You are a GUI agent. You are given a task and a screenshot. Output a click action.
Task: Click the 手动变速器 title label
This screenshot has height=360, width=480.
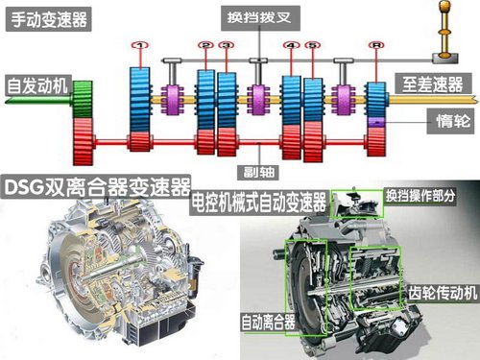point(49,19)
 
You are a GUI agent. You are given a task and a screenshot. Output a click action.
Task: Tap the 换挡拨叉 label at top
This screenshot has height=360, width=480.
point(260,18)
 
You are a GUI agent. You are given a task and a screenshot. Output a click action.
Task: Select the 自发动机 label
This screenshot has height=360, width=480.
point(38,85)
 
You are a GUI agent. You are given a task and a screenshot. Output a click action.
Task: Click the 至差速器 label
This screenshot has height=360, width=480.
point(433,84)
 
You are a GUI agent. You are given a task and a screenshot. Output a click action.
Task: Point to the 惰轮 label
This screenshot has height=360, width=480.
point(453,121)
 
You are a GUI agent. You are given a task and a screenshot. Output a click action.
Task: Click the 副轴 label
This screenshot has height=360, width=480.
point(258,172)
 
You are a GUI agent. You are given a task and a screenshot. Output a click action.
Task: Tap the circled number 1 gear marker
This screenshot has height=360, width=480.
point(140,45)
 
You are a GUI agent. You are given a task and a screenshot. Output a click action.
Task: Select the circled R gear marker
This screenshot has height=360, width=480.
point(376,45)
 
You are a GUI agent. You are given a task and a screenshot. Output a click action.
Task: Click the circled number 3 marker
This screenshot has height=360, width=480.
point(227,45)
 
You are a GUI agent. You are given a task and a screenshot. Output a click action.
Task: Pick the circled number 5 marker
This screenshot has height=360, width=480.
point(313,45)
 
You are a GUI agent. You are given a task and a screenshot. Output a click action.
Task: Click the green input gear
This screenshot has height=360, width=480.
point(83,99)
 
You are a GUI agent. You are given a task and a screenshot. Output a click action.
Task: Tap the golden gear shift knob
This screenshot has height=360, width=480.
point(444,7)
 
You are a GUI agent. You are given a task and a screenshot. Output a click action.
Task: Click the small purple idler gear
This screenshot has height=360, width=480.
point(376,122)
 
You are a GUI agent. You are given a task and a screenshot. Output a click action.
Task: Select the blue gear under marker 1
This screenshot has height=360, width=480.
point(140,99)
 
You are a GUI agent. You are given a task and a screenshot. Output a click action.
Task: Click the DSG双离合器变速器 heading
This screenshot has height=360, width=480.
point(96,187)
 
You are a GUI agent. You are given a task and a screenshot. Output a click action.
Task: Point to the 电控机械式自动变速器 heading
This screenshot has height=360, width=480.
point(259,203)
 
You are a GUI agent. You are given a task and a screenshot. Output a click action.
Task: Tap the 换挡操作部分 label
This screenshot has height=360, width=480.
point(420,196)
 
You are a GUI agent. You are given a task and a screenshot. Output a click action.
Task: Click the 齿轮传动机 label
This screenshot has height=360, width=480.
point(443,293)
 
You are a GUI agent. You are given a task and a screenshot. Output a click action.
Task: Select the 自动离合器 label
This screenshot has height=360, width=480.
point(268,322)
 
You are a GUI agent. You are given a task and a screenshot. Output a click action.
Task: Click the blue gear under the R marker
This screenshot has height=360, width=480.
point(376,100)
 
